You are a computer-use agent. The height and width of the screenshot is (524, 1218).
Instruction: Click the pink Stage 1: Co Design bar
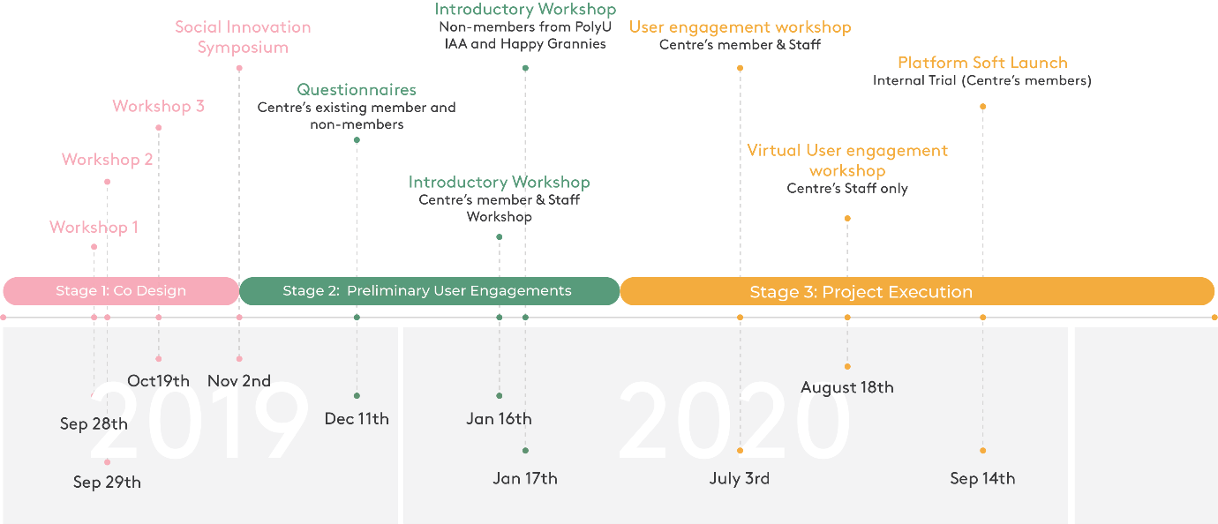(x=121, y=291)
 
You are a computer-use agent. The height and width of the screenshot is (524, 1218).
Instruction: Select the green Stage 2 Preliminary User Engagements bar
(x=429, y=291)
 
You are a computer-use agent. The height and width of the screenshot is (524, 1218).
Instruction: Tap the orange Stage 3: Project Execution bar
(x=917, y=292)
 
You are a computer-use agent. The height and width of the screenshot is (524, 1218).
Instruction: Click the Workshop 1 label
(x=94, y=228)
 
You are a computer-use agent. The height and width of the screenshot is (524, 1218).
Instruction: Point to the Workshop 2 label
(x=107, y=160)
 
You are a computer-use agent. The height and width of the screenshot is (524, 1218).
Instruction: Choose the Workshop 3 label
(x=158, y=107)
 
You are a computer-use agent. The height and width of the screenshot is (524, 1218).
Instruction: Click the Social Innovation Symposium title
(x=243, y=37)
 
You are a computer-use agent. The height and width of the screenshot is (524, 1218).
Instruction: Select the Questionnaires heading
(x=357, y=90)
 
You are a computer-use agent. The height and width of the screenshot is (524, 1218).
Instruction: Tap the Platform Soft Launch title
(x=982, y=63)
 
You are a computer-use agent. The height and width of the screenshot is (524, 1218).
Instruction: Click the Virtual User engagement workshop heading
(x=847, y=161)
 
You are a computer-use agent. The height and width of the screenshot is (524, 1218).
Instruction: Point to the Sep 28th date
(x=94, y=424)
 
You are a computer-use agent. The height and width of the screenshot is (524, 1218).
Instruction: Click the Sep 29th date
(x=107, y=483)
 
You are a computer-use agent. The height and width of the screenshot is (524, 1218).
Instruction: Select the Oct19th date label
(x=159, y=381)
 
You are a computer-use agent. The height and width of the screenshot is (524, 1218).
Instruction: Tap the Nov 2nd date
(x=239, y=381)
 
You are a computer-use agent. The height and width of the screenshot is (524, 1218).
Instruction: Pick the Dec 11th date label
(x=357, y=419)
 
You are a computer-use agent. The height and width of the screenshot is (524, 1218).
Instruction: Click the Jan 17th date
(x=525, y=479)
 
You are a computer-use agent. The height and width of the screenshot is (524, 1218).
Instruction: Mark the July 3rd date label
(x=740, y=479)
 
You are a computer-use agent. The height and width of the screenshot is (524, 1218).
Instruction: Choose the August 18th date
(x=847, y=387)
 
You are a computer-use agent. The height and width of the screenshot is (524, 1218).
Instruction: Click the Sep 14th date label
(x=982, y=479)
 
